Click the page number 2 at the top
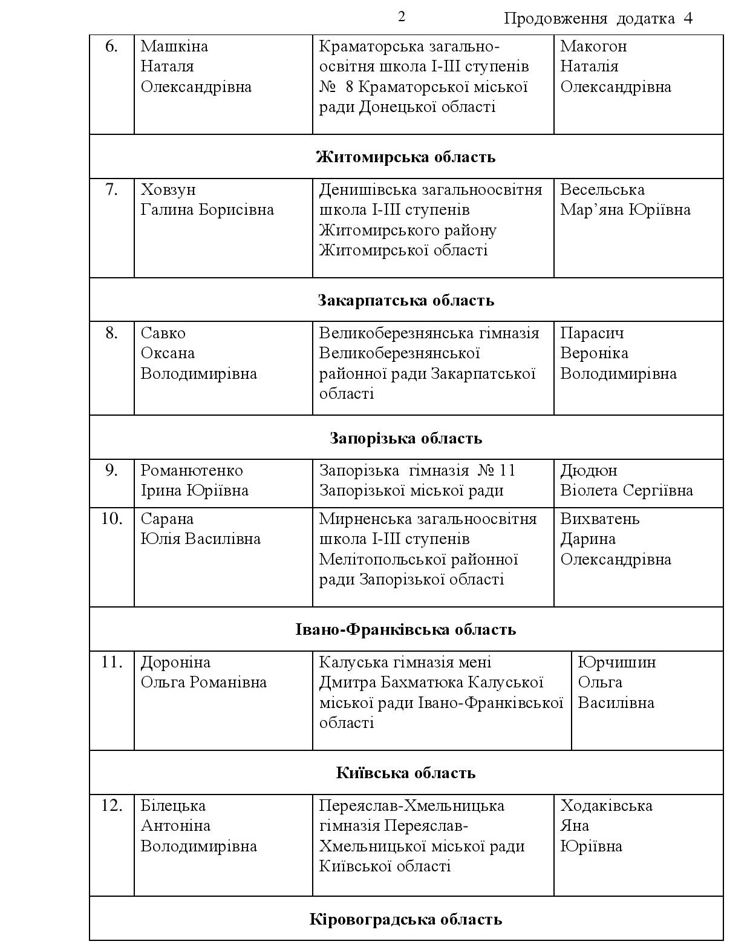402,16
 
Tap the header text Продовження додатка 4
598,19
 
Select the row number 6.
111,46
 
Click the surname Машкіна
174,46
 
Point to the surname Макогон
593,46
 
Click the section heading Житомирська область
406,157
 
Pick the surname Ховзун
168,189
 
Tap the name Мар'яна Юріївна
625,209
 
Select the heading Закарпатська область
406,300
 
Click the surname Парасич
592,333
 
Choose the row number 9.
111,470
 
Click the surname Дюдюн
589,470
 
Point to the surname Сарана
167,519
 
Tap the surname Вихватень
599,519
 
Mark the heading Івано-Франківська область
406,629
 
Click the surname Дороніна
175,662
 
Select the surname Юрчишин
617,662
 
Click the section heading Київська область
406,773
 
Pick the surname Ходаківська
606,805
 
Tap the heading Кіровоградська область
406,920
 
